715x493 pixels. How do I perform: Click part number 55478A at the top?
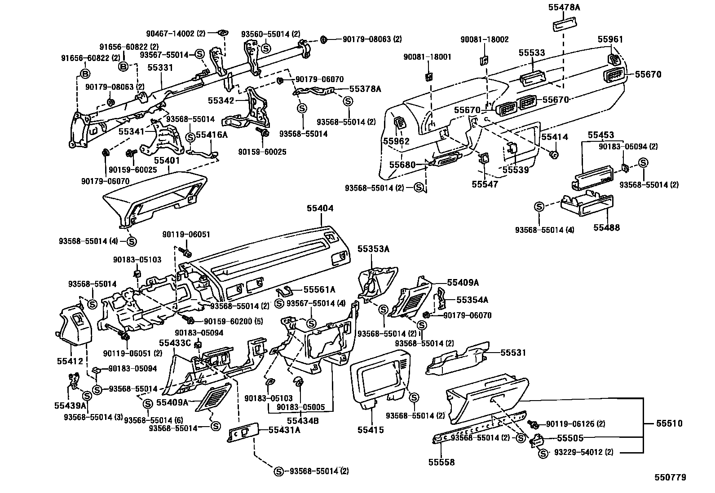[x=564, y=8]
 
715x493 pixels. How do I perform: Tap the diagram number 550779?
[x=670, y=478]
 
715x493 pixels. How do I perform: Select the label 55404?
[x=320, y=208]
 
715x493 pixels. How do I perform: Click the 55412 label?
[x=70, y=361]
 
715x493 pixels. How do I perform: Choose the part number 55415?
[x=371, y=430]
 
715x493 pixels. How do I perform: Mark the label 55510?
[x=669, y=423]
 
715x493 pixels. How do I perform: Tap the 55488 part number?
[x=606, y=227]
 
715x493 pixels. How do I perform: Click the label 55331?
[x=160, y=68]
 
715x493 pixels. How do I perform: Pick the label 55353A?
[x=373, y=249]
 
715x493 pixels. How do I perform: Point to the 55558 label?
[x=441, y=462]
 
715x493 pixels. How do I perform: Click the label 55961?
[x=610, y=39]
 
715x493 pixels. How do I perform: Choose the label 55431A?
[x=284, y=430]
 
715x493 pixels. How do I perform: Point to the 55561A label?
[x=319, y=290]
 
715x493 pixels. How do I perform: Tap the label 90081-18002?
[x=484, y=39]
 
